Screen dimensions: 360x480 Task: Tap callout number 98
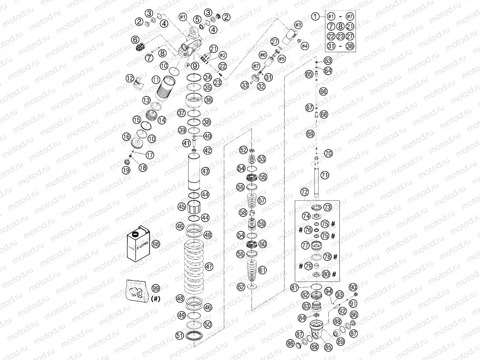point(156,244)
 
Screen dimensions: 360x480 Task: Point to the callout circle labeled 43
point(206,171)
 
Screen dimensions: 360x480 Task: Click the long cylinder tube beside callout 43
point(195,173)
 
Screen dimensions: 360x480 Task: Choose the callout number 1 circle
point(315,16)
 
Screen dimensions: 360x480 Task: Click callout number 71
point(325,174)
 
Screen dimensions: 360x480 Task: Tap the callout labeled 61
point(263,270)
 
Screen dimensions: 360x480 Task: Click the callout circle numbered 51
point(180,336)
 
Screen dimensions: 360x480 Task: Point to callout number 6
point(136,39)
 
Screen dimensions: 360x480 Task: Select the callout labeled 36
point(208,100)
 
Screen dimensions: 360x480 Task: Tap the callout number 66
point(324,91)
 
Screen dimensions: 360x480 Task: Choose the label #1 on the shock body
point(183,17)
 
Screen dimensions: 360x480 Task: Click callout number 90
point(353,287)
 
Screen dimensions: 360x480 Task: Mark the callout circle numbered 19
point(126,170)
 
